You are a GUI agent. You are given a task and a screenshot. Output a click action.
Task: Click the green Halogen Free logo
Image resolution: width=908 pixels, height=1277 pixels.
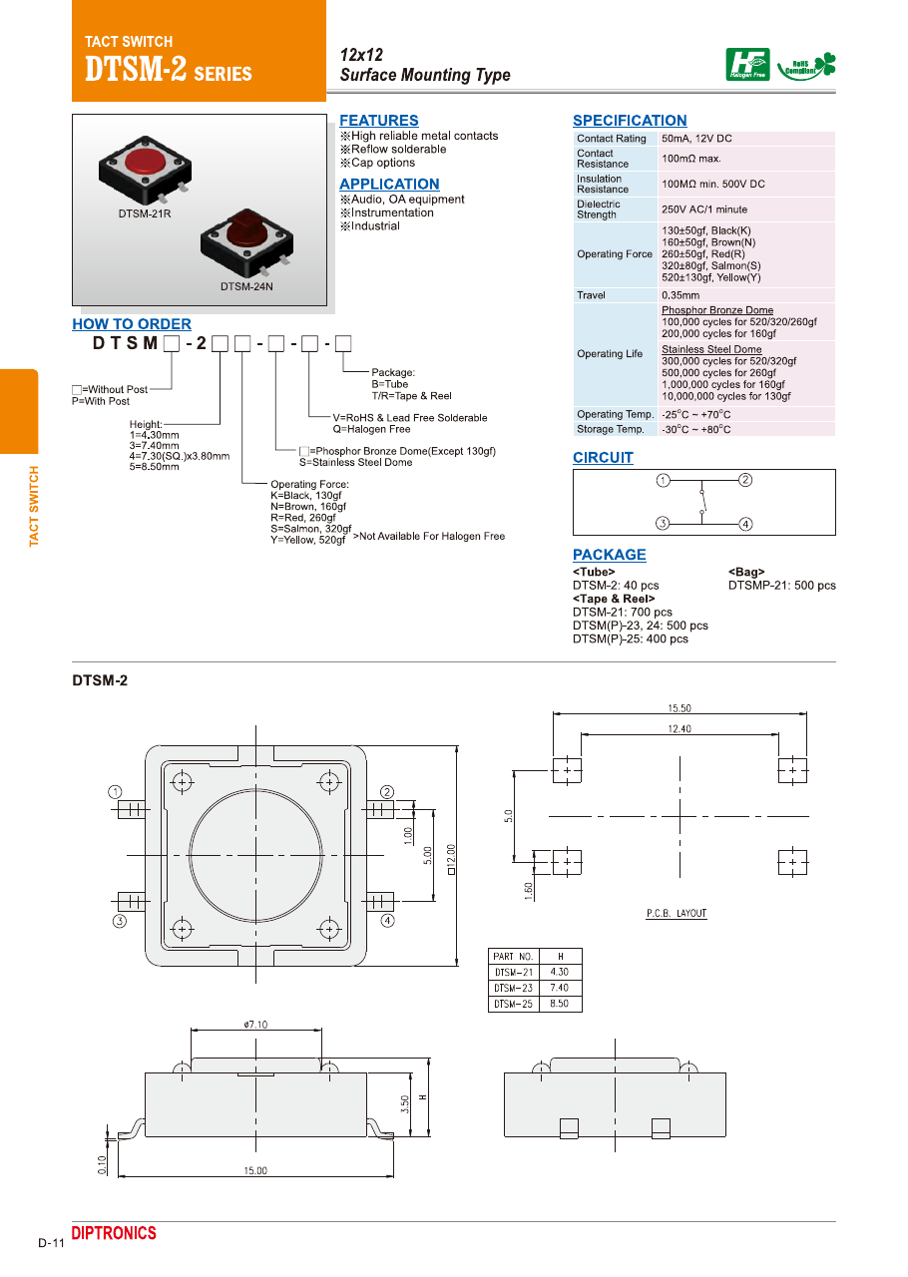747,65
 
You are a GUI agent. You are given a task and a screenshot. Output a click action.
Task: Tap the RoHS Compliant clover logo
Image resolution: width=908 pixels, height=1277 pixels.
808,66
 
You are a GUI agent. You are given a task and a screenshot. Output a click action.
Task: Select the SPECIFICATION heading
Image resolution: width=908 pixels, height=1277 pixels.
630,121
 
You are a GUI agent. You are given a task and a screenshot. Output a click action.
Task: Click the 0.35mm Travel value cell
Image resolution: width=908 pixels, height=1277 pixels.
681,295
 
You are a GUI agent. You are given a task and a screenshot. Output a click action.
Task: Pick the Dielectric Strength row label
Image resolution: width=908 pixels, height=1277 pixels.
598,210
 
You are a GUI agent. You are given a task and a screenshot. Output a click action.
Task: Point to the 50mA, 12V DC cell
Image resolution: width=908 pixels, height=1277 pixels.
696,139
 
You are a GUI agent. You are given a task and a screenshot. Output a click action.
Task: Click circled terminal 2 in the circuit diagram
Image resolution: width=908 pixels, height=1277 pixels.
745,480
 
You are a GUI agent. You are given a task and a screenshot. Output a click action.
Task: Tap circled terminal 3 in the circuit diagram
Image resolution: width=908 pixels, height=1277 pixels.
663,523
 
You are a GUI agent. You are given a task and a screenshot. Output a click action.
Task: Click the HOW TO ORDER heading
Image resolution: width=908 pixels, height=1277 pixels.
132,324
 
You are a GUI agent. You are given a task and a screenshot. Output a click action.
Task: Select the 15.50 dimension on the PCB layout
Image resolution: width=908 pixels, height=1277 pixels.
680,708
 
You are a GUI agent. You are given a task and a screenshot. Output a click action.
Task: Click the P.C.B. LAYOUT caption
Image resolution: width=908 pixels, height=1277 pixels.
676,914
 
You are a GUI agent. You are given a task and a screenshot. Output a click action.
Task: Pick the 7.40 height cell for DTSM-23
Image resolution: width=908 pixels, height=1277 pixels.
560,988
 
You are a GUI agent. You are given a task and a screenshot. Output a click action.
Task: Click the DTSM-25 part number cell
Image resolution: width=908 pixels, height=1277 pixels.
514,1004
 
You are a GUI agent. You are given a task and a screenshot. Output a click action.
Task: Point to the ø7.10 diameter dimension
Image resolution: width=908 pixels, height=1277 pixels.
255,1025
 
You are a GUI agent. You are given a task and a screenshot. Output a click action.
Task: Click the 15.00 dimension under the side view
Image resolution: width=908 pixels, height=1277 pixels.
255,1170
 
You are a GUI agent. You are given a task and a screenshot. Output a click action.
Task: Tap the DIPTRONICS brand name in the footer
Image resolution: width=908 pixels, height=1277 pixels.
114,1234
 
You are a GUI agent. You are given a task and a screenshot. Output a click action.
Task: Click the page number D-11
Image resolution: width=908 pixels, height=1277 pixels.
51,1243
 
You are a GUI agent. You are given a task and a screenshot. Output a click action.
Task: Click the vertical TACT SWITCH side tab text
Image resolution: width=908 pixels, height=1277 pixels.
34,506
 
